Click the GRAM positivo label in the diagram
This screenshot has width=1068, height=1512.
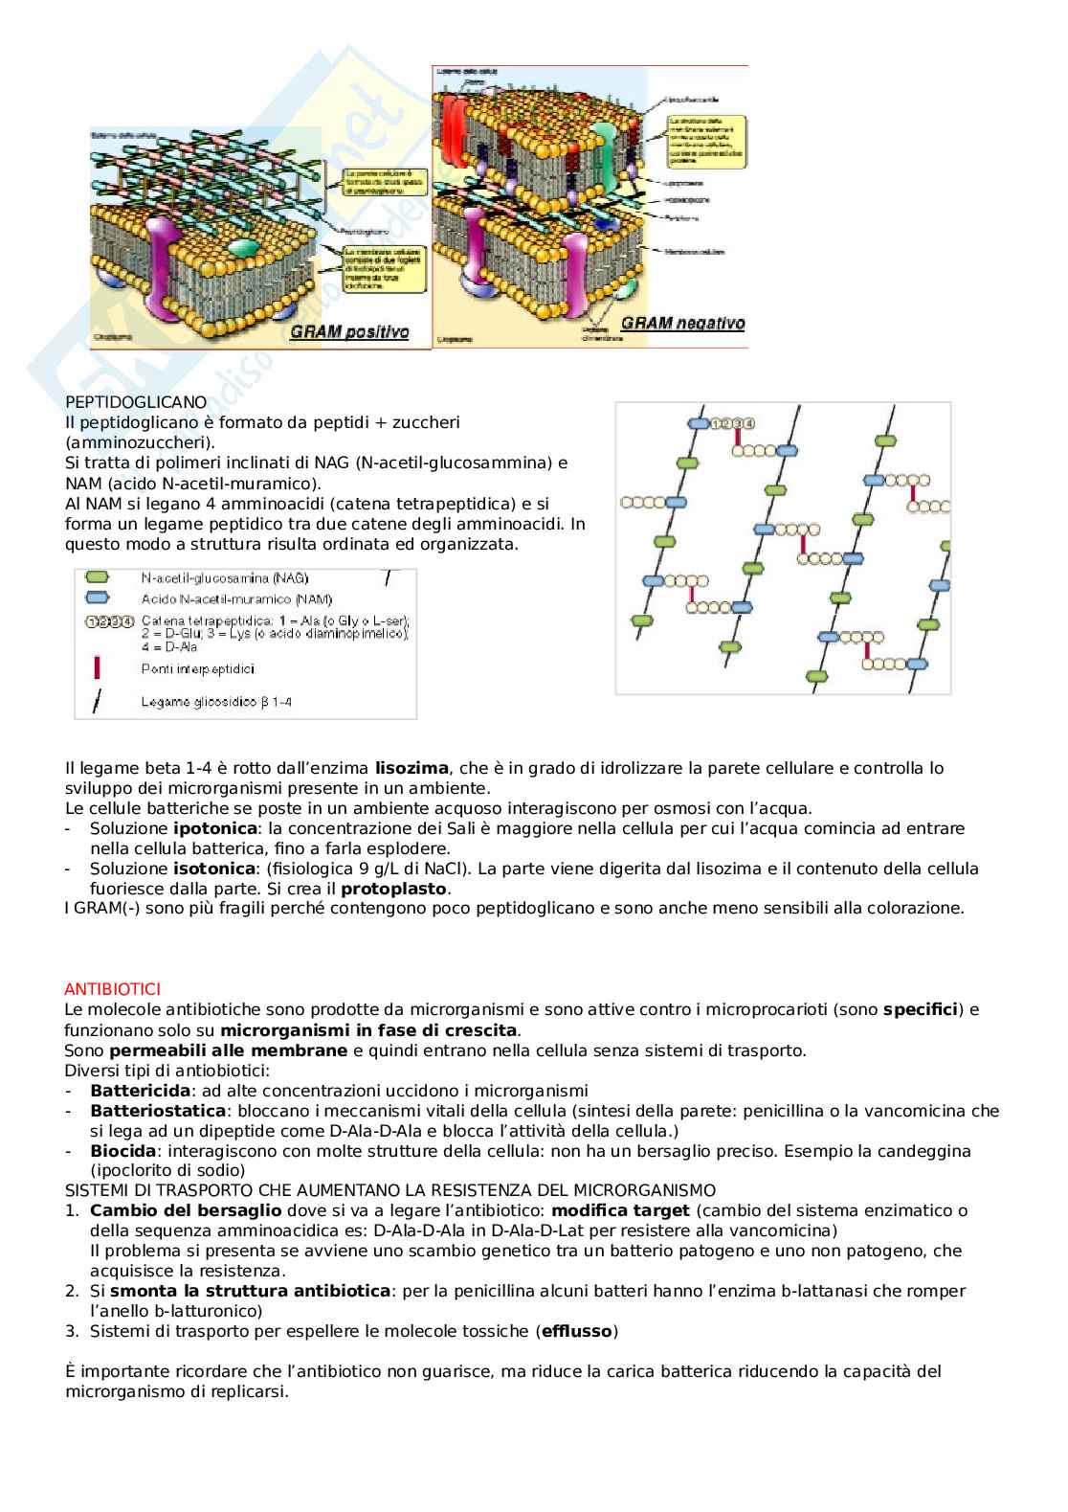tap(349, 332)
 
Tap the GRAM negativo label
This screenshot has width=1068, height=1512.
tap(681, 323)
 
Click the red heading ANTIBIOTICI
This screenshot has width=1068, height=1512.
tap(112, 988)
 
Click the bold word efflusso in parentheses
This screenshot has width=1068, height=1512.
tap(577, 1331)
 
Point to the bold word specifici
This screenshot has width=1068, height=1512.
tap(920, 1009)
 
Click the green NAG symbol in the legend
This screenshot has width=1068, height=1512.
tap(98, 578)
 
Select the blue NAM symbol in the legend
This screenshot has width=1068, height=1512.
tap(98, 599)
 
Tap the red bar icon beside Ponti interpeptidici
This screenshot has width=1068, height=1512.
tap(97, 666)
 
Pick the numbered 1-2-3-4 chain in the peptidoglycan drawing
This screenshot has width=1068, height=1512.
tap(734, 423)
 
